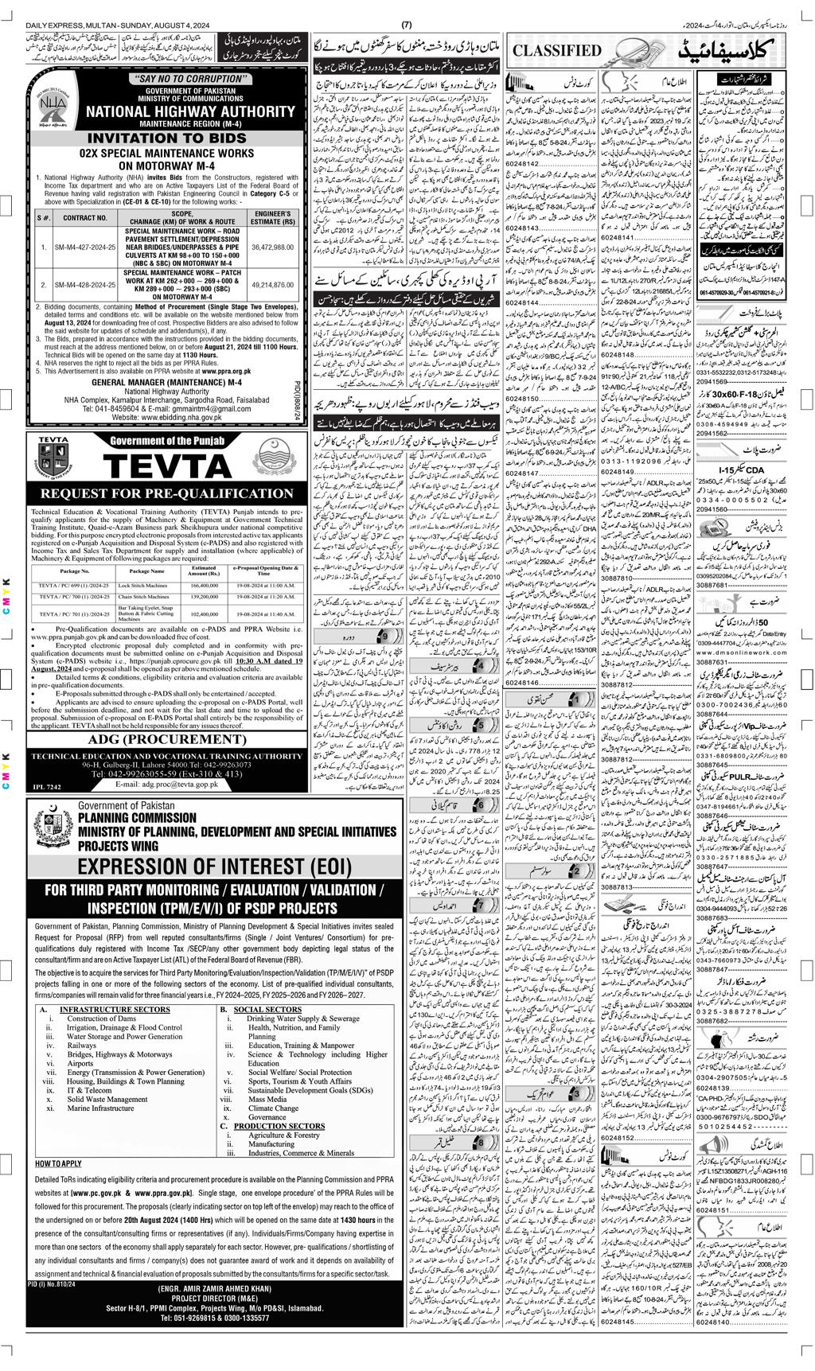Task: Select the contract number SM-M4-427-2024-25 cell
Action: coord(85,247)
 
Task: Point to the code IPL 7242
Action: coord(47,786)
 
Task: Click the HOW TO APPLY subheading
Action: coord(58,1163)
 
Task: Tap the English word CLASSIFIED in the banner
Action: coord(557,50)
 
